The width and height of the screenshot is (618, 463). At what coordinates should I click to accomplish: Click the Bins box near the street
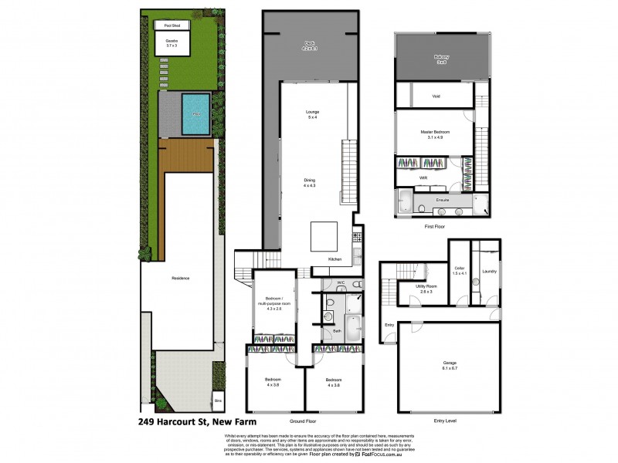point(218,402)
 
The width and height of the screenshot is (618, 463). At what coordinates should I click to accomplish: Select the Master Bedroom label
point(435,134)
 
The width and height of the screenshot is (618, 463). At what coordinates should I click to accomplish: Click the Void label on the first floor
point(435,96)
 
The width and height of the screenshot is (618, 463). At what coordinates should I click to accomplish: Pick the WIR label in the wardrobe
point(423,177)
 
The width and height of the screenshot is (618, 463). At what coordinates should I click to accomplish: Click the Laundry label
point(489,272)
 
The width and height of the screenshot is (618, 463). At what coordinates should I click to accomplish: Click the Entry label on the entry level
point(389,324)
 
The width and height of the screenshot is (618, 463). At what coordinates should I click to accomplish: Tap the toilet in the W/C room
point(355,285)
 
